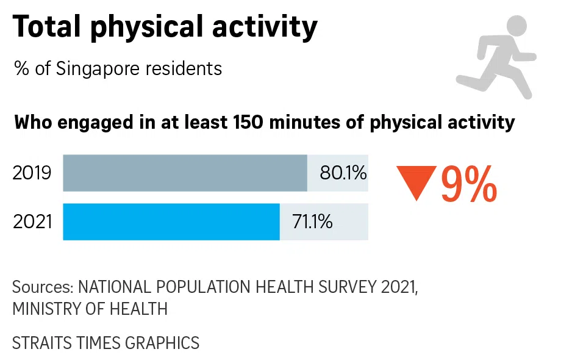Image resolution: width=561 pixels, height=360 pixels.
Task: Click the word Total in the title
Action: tap(48, 27)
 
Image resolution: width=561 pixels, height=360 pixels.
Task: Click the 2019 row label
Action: tap(32, 173)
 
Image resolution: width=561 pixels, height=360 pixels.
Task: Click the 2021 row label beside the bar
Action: tap(32, 221)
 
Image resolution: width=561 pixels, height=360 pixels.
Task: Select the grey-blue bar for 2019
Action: tap(185, 173)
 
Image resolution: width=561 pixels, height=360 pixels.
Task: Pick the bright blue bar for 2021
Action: tap(171, 221)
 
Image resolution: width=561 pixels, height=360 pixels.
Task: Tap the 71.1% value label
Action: tap(313, 221)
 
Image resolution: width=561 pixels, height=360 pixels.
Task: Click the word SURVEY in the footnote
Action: tap(336, 287)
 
